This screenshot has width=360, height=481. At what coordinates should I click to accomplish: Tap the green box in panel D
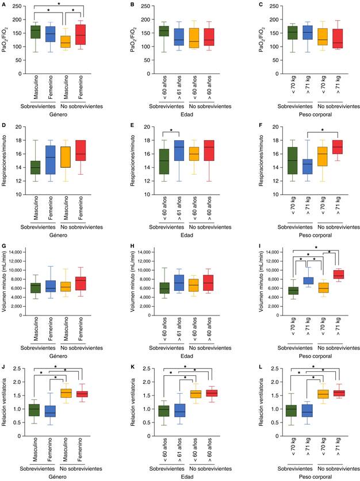pyautogui.click(x=36, y=167)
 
